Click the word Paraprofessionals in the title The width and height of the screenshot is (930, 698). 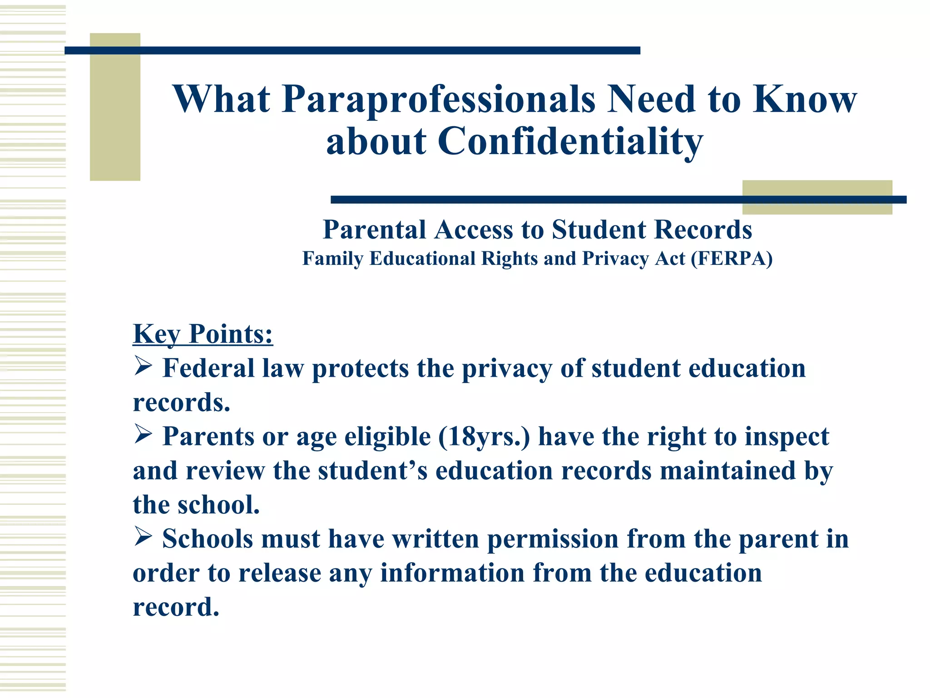click(438, 100)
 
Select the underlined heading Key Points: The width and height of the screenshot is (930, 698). click(203, 334)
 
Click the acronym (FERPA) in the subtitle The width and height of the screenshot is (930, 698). click(732, 259)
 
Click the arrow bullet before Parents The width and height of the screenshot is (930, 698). click(143, 435)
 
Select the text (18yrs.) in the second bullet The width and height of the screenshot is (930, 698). click(484, 437)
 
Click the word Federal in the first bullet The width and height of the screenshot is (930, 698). click(208, 368)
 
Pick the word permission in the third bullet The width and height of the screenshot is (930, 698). click(553, 539)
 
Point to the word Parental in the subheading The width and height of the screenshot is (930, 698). click(374, 230)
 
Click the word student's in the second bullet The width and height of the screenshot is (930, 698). click(372, 471)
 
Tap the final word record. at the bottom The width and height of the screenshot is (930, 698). click(176, 608)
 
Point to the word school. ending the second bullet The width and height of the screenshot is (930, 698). click(218, 505)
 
